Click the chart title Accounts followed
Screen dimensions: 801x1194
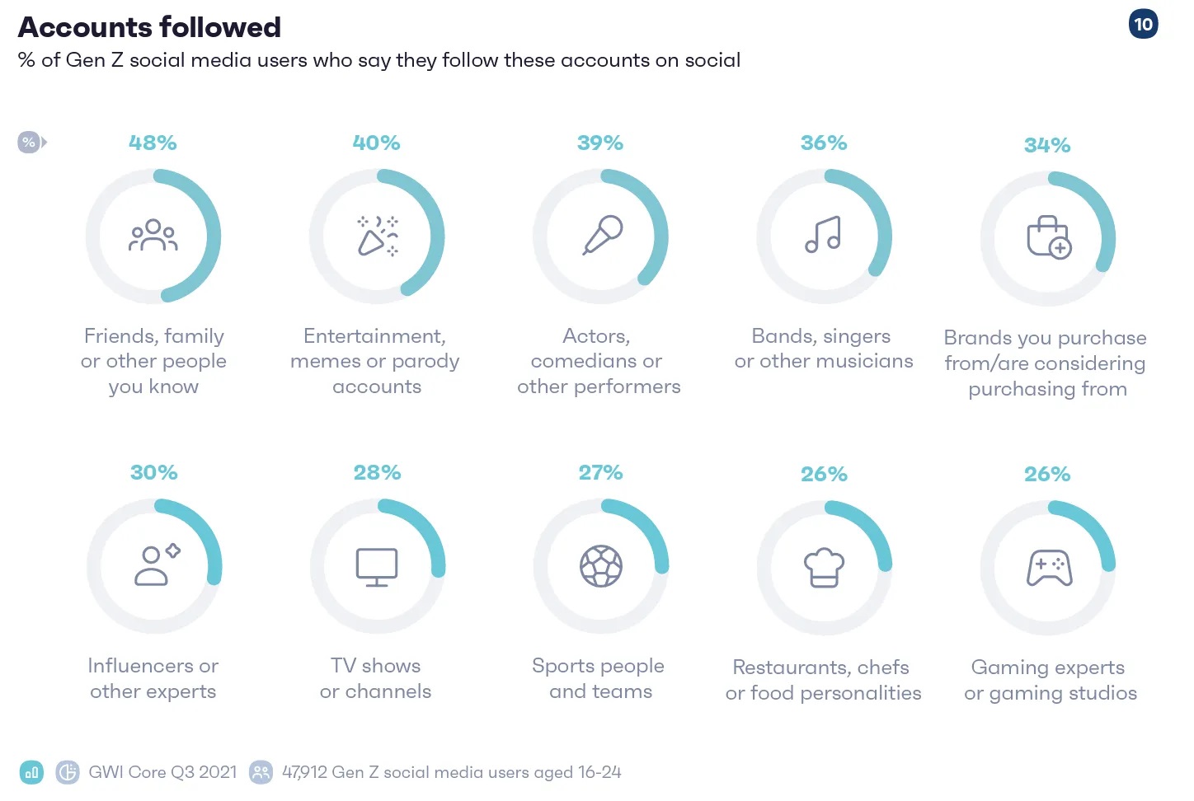point(149,27)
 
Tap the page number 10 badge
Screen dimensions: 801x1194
point(1143,24)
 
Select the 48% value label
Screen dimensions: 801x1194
point(153,143)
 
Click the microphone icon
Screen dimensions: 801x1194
point(603,235)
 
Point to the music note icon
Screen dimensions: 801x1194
point(823,235)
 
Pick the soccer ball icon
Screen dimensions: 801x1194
point(601,566)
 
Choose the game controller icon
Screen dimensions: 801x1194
point(1049,568)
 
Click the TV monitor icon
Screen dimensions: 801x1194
point(377,567)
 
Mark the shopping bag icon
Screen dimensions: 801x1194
point(1048,237)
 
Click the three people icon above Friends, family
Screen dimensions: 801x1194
point(153,235)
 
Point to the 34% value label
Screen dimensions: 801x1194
point(1047,146)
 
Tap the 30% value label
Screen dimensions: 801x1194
point(153,473)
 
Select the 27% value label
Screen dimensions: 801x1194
point(600,473)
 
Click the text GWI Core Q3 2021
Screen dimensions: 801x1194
point(162,772)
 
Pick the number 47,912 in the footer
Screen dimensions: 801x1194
point(304,772)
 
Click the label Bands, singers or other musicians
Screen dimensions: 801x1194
point(823,349)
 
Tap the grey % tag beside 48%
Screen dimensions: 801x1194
point(30,143)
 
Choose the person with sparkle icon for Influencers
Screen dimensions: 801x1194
point(156,565)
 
